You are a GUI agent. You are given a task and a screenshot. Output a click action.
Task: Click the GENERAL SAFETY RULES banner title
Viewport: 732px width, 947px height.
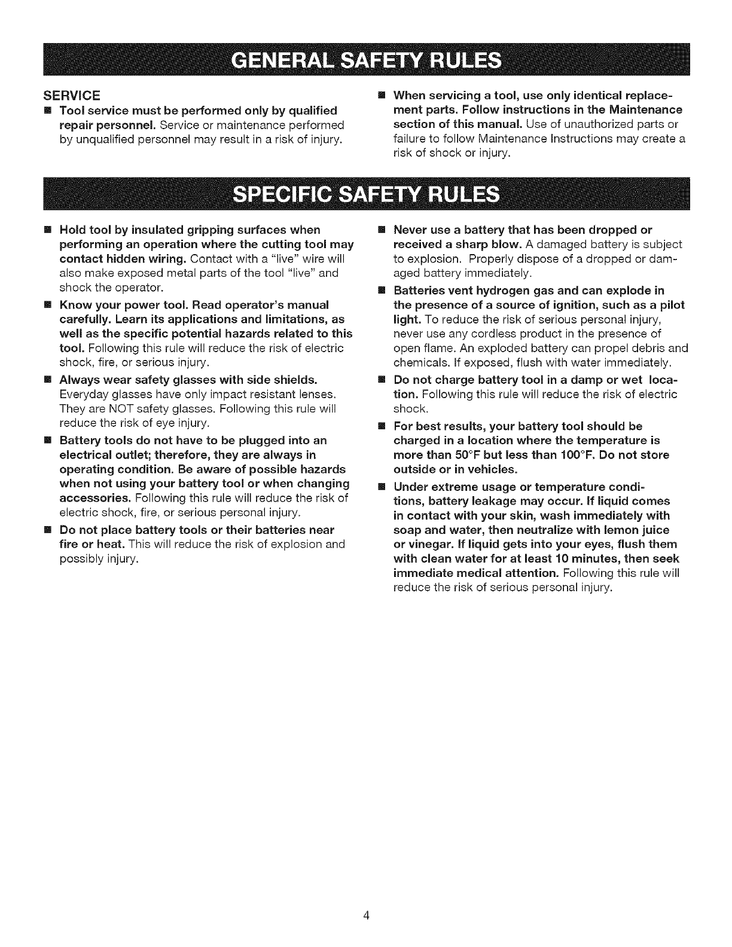[x=367, y=60]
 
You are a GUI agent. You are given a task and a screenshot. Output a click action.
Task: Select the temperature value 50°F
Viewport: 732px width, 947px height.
[x=468, y=455]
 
